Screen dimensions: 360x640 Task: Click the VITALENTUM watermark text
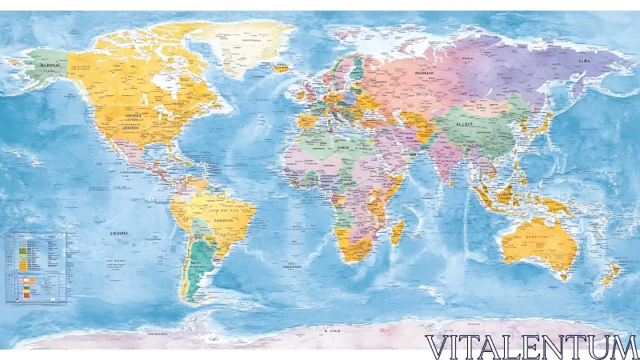[x=531, y=347]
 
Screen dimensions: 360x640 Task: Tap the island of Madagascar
[x=398, y=233]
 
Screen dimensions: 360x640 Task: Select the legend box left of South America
[x=35, y=267]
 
